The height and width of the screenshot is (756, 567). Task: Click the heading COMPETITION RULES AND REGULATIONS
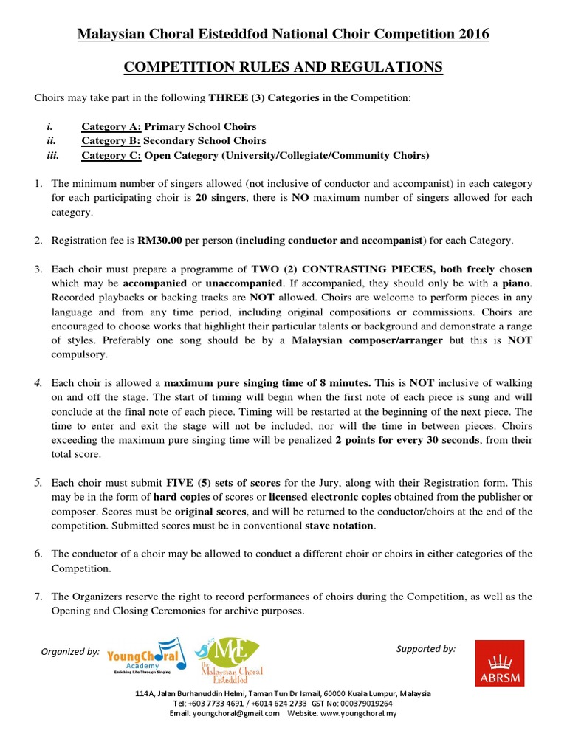pos(283,68)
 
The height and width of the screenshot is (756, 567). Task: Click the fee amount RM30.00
pos(159,241)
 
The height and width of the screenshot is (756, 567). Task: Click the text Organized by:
pos(70,652)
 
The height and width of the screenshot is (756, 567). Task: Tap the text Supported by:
pos(426,649)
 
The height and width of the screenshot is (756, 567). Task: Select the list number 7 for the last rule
pos(38,597)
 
